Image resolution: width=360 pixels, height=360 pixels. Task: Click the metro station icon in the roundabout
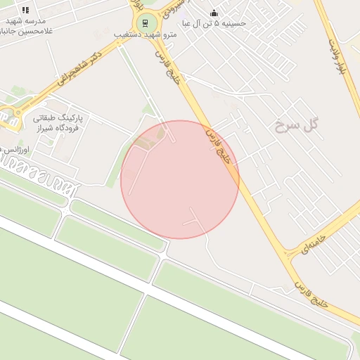[x=146, y=22]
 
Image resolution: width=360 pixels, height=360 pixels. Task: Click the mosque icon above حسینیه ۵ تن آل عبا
[x=214, y=13]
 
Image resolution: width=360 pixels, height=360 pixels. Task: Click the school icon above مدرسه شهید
[x=26, y=11]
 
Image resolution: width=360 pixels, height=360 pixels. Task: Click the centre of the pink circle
[x=180, y=179]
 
